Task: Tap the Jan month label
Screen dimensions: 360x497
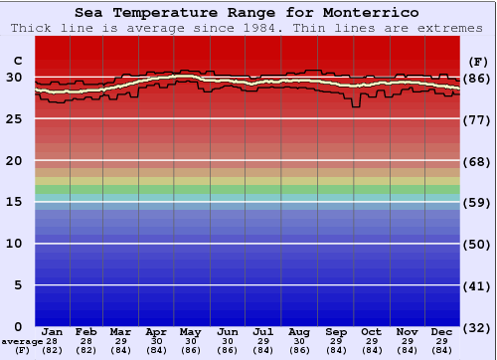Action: [53, 331]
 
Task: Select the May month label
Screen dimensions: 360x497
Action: [193, 331]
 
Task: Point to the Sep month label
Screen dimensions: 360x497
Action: [336, 331]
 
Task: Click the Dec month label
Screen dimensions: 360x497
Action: [442, 331]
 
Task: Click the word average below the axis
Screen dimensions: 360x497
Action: [22, 341]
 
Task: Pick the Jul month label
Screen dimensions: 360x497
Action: [264, 331]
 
